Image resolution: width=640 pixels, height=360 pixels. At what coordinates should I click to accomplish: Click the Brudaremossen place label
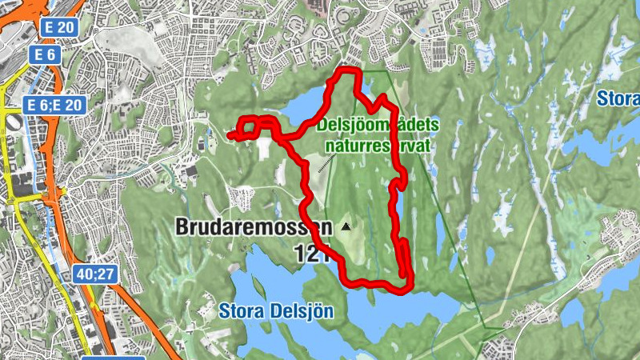point(253,228)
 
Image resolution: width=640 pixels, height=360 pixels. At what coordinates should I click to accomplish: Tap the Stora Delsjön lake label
point(275,310)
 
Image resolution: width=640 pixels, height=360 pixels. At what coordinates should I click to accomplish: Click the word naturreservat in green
point(378,146)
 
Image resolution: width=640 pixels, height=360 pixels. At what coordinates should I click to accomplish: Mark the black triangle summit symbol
point(346,227)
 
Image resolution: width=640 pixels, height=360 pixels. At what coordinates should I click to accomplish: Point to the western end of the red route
point(230,137)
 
